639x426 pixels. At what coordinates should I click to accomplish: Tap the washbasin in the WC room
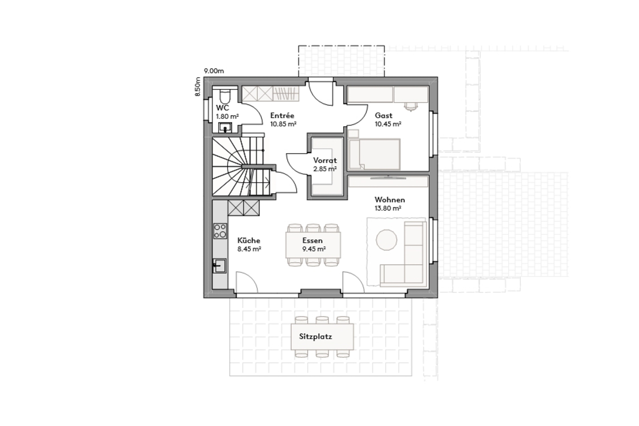pyautogui.click(x=225, y=127)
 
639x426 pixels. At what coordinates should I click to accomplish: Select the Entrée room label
pyautogui.click(x=282, y=116)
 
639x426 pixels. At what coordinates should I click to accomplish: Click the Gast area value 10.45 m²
pyautogui.click(x=388, y=124)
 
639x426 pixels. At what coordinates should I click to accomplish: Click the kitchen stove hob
pyautogui.click(x=220, y=231)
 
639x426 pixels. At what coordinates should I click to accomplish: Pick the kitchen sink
pyautogui.click(x=219, y=265)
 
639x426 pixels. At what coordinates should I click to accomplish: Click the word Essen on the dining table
pyautogui.click(x=312, y=240)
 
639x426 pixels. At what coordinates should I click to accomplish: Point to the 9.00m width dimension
pyautogui.click(x=214, y=71)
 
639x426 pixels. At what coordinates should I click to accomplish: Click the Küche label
pyautogui.click(x=248, y=240)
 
